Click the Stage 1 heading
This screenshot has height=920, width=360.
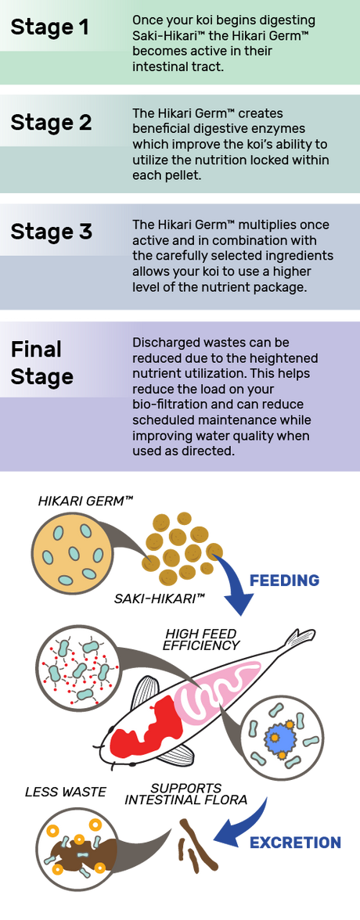coord(50,27)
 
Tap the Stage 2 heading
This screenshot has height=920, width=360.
coord(51,123)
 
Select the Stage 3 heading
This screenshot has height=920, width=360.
coord(51,232)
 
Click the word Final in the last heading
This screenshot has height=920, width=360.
coord(36,350)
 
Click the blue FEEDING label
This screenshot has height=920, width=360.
coord(284,580)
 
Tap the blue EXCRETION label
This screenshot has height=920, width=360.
coord(295,843)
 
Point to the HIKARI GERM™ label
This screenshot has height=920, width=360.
coord(85,501)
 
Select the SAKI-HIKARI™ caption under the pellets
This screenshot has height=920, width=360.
coord(159,599)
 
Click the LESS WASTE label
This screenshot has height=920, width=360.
coord(65,792)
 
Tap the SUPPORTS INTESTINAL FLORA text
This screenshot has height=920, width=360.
coord(186,793)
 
